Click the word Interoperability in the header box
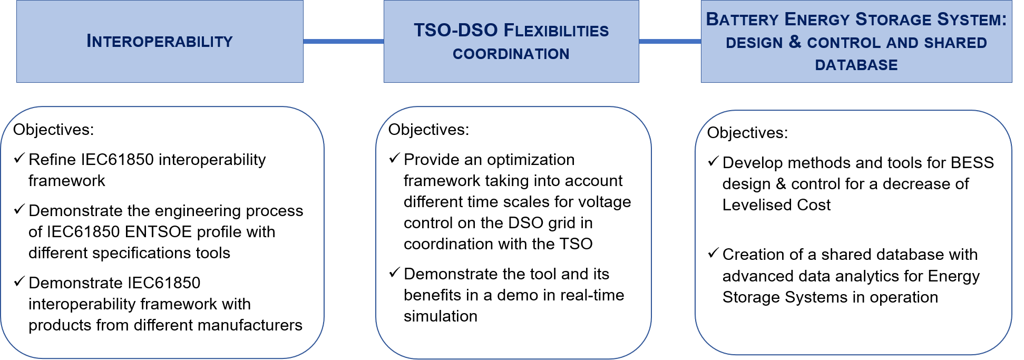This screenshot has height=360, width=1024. click(160, 41)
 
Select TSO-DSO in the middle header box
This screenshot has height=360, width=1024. click(456, 30)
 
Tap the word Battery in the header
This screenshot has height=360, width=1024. click(743, 19)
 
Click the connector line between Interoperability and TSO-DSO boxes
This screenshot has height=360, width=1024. click(344, 41)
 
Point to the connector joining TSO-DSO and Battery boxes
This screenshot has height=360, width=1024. click(670, 41)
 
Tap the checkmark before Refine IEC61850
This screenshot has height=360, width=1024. click(19, 158)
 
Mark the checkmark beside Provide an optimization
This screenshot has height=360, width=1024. click(395, 158)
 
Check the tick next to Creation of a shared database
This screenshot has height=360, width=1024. click(714, 253)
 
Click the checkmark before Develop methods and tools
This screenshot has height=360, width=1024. click(714, 161)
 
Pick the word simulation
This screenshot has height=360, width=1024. click(441, 316)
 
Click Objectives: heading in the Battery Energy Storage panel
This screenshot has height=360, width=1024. click(747, 133)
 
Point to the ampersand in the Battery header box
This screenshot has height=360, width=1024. click(795, 42)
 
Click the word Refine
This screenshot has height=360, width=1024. click(47, 160)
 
